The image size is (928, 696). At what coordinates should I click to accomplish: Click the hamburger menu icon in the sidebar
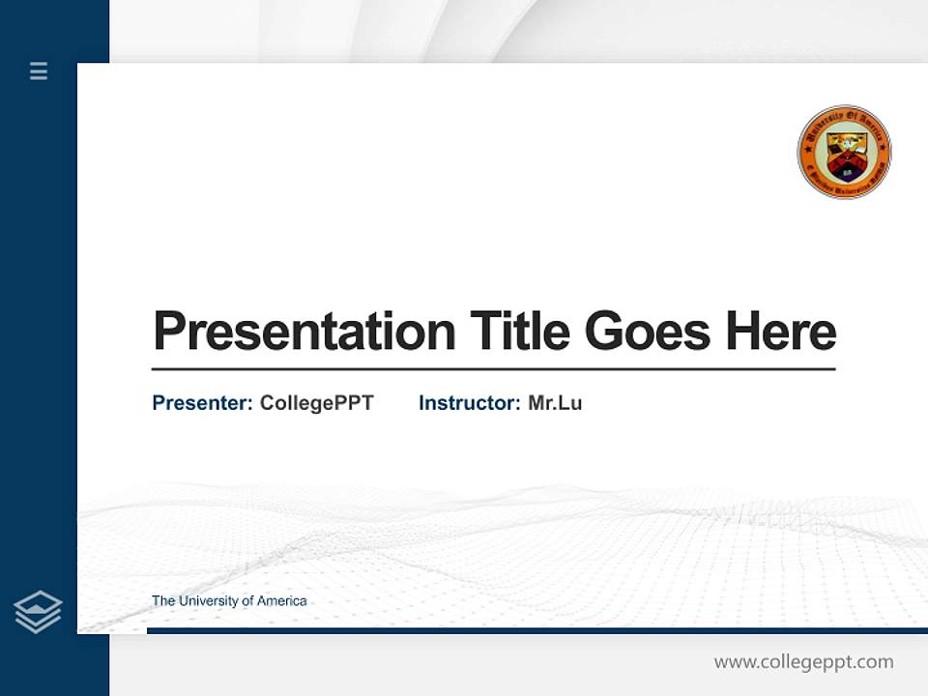point(39,71)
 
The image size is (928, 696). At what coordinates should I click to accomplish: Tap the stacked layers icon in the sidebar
point(38,612)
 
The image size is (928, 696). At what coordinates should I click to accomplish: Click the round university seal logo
point(844,152)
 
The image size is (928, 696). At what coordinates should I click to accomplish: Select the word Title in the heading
point(519,332)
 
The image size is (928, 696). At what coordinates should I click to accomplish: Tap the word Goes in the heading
point(647,332)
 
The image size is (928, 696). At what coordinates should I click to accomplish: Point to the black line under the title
point(493,369)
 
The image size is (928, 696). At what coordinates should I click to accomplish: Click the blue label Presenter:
point(203,403)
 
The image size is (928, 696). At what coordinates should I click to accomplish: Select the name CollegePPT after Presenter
point(316,403)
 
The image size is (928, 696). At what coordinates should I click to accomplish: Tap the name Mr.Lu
point(555,403)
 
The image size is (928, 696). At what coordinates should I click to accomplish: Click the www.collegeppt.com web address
point(803,662)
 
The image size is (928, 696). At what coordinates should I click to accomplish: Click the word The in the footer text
point(163,601)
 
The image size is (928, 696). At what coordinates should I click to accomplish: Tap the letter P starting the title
point(169,332)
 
